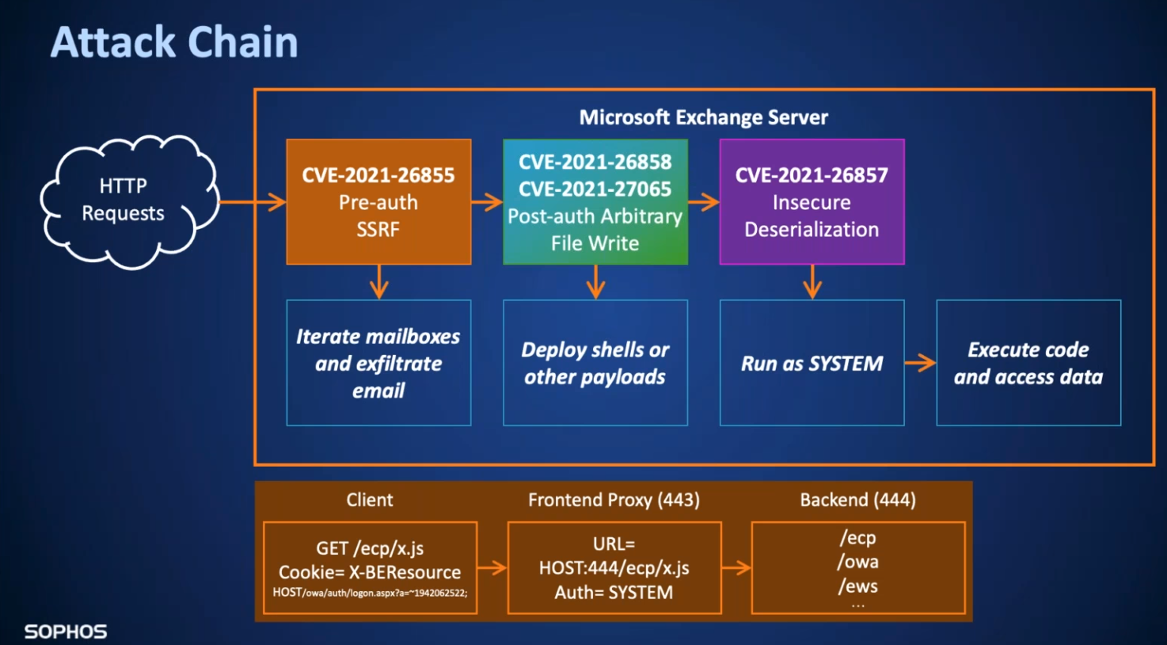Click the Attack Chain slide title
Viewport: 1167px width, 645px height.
pyautogui.click(x=174, y=42)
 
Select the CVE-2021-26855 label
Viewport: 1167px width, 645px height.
pyautogui.click(x=378, y=175)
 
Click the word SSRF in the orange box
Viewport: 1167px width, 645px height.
pyautogui.click(x=378, y=230)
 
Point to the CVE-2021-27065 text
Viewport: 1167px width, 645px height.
pyautogui.click(x=595, y=189)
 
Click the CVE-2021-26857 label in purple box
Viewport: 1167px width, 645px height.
pyautogui.click(x=812, y=175)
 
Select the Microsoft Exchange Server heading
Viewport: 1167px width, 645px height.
pyautogui.click(x=703, y=117)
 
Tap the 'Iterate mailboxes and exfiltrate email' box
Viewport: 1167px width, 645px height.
pyautogui.click(x=378, y=363)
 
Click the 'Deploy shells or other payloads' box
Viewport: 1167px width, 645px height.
pyautogui.click(x=595, y=363)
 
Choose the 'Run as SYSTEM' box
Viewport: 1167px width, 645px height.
pyautogui.click(x=812, y=363)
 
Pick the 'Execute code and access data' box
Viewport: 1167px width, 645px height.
pyautogui.click(x=1029, y=363)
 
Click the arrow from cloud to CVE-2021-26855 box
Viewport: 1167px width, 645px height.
pyautogui.click(x=253, y=202)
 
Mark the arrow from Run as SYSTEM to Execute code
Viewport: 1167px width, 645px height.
pyautogui.click(x=921, y=363)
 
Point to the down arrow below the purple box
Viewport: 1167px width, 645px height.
pyautogui.click(x=812, y=282)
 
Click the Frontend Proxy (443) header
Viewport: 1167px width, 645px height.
pyautogui.click(x=614, y=500)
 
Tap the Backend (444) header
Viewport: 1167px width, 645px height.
pyautogui.click(x=858, y=500)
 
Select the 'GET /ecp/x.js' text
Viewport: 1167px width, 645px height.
pyautogui.click(x=370, y=548)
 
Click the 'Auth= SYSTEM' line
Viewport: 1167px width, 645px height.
pyautogui.click(x=614, y=593)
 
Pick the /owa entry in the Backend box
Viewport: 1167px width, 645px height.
pyautogui.click(x=858, y=562)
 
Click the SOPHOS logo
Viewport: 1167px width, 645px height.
pyautogui.click(x=66, y=632)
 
